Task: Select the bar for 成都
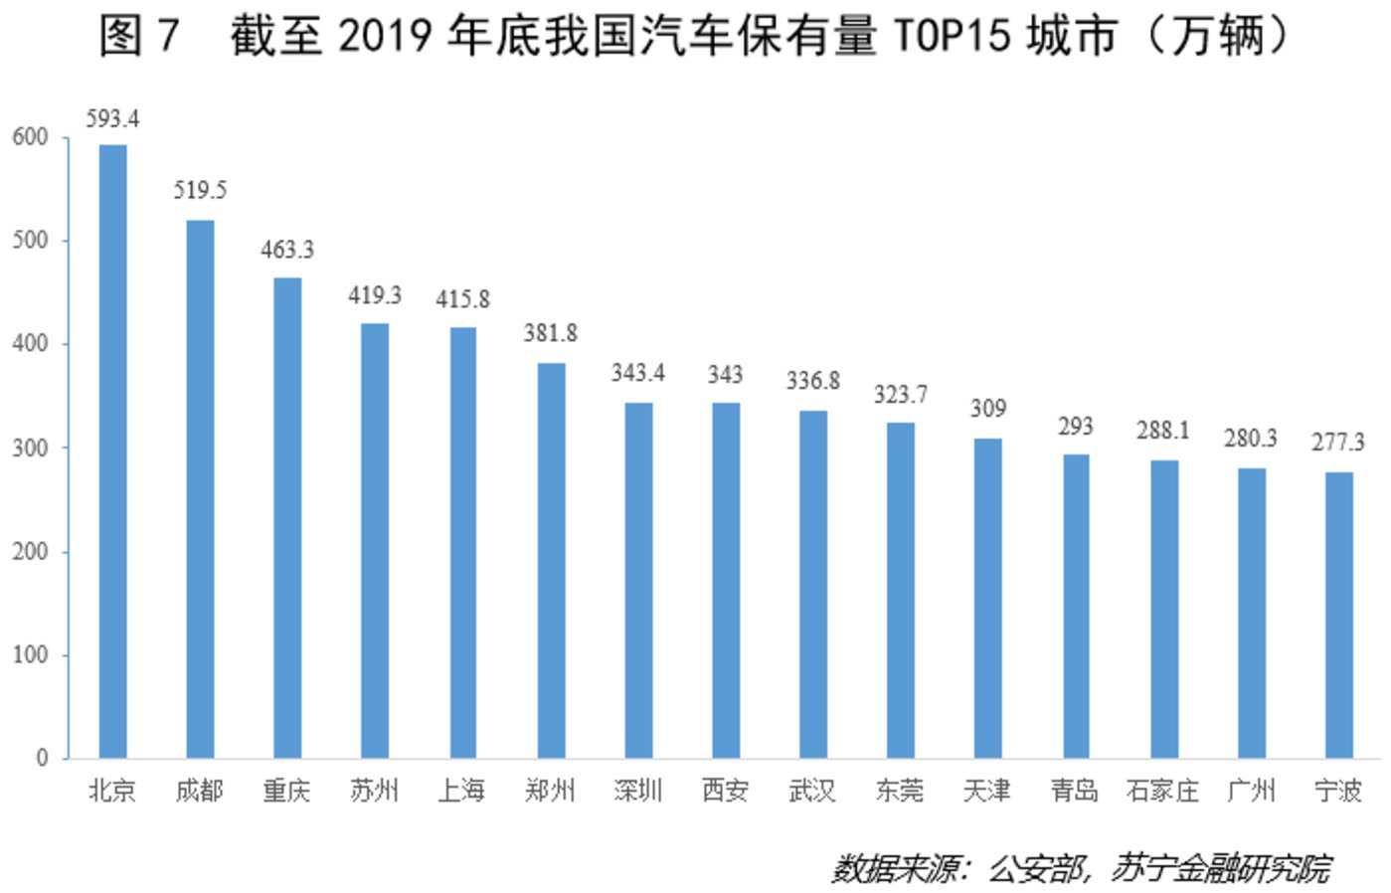(200, 488)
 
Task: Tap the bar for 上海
(462, 542)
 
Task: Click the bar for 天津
(987, 598)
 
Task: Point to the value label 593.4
(112, 119)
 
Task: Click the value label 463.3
(287, 250)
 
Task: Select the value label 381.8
(550, 333)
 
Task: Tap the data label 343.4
(637, 373)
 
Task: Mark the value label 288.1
(1162, 431)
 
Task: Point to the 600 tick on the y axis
(30, 137)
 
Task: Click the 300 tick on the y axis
(30, 447)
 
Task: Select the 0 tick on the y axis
(42, 758)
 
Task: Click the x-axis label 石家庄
(1162, 792)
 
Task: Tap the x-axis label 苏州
(375, 792)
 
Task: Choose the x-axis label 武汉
(812, 792)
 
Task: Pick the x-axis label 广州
(1251, 792)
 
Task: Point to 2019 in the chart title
(385, 36)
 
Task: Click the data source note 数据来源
(895, 869)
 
